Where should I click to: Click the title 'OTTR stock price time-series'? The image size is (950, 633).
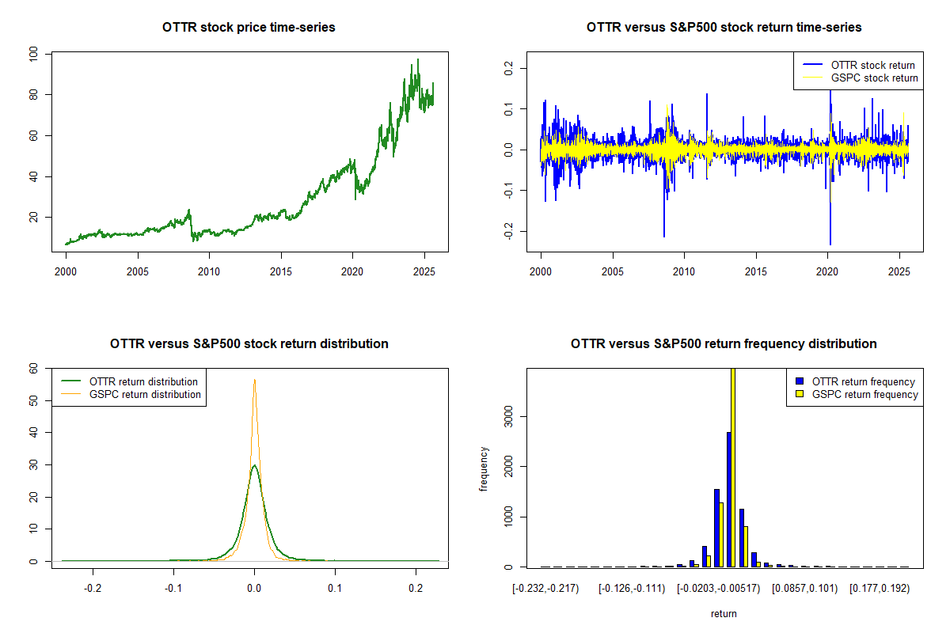pos(249,28)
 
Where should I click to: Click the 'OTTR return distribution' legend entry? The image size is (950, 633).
pos(143,381)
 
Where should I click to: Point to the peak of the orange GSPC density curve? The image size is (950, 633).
pos(254,380)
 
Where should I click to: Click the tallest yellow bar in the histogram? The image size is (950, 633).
pos(733,467)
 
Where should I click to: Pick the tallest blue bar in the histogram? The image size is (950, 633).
pos(728,498)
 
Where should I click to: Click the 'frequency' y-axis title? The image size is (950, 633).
pos(484,468)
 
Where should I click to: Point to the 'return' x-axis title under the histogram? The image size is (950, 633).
pos(724,613)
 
